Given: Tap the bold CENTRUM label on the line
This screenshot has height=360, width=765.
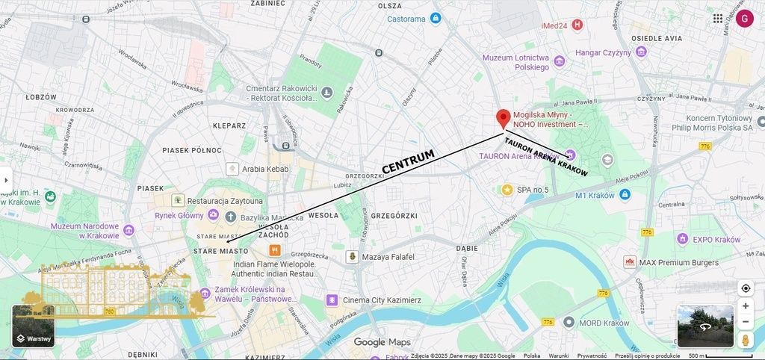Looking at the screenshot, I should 408,162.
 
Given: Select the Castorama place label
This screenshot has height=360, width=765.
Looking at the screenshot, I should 417,19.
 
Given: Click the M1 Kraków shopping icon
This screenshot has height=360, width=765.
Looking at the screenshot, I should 625,195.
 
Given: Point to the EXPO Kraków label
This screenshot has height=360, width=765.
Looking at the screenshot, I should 716,239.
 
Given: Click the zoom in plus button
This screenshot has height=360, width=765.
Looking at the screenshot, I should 745,306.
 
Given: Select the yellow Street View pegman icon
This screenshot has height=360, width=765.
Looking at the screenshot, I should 745,340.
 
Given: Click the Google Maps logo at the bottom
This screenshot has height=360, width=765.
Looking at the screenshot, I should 382,342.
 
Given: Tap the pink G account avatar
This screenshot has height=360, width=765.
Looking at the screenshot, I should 744,18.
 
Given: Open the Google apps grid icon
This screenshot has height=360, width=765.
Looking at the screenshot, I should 717,18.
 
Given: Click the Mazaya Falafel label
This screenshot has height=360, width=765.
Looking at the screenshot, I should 387,257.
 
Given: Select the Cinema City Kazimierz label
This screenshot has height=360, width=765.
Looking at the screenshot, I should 382,300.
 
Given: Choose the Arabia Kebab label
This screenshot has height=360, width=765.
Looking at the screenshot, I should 264,170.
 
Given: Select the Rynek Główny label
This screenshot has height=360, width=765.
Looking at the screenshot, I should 179,216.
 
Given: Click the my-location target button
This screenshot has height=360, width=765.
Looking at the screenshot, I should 745,288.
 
